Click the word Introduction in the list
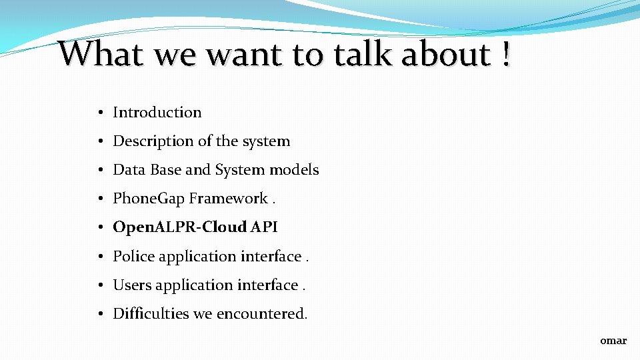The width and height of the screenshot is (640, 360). tap(157, 113)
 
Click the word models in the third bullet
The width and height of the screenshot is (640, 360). tap(294, 170)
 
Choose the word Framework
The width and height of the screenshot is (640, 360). tap(228, 199)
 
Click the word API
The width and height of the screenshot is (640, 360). tap(264, 227)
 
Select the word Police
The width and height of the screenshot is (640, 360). tap(133, 256)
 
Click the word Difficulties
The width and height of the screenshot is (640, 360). tap(151, 313)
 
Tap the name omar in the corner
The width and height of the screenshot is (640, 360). tap(613, 341)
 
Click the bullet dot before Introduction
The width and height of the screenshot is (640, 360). tap(98, 113)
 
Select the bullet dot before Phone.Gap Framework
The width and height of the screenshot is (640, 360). tap(98, 199)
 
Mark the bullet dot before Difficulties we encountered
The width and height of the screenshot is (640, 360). tap(98, 314)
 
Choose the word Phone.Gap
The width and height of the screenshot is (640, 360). tap(149, 199)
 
